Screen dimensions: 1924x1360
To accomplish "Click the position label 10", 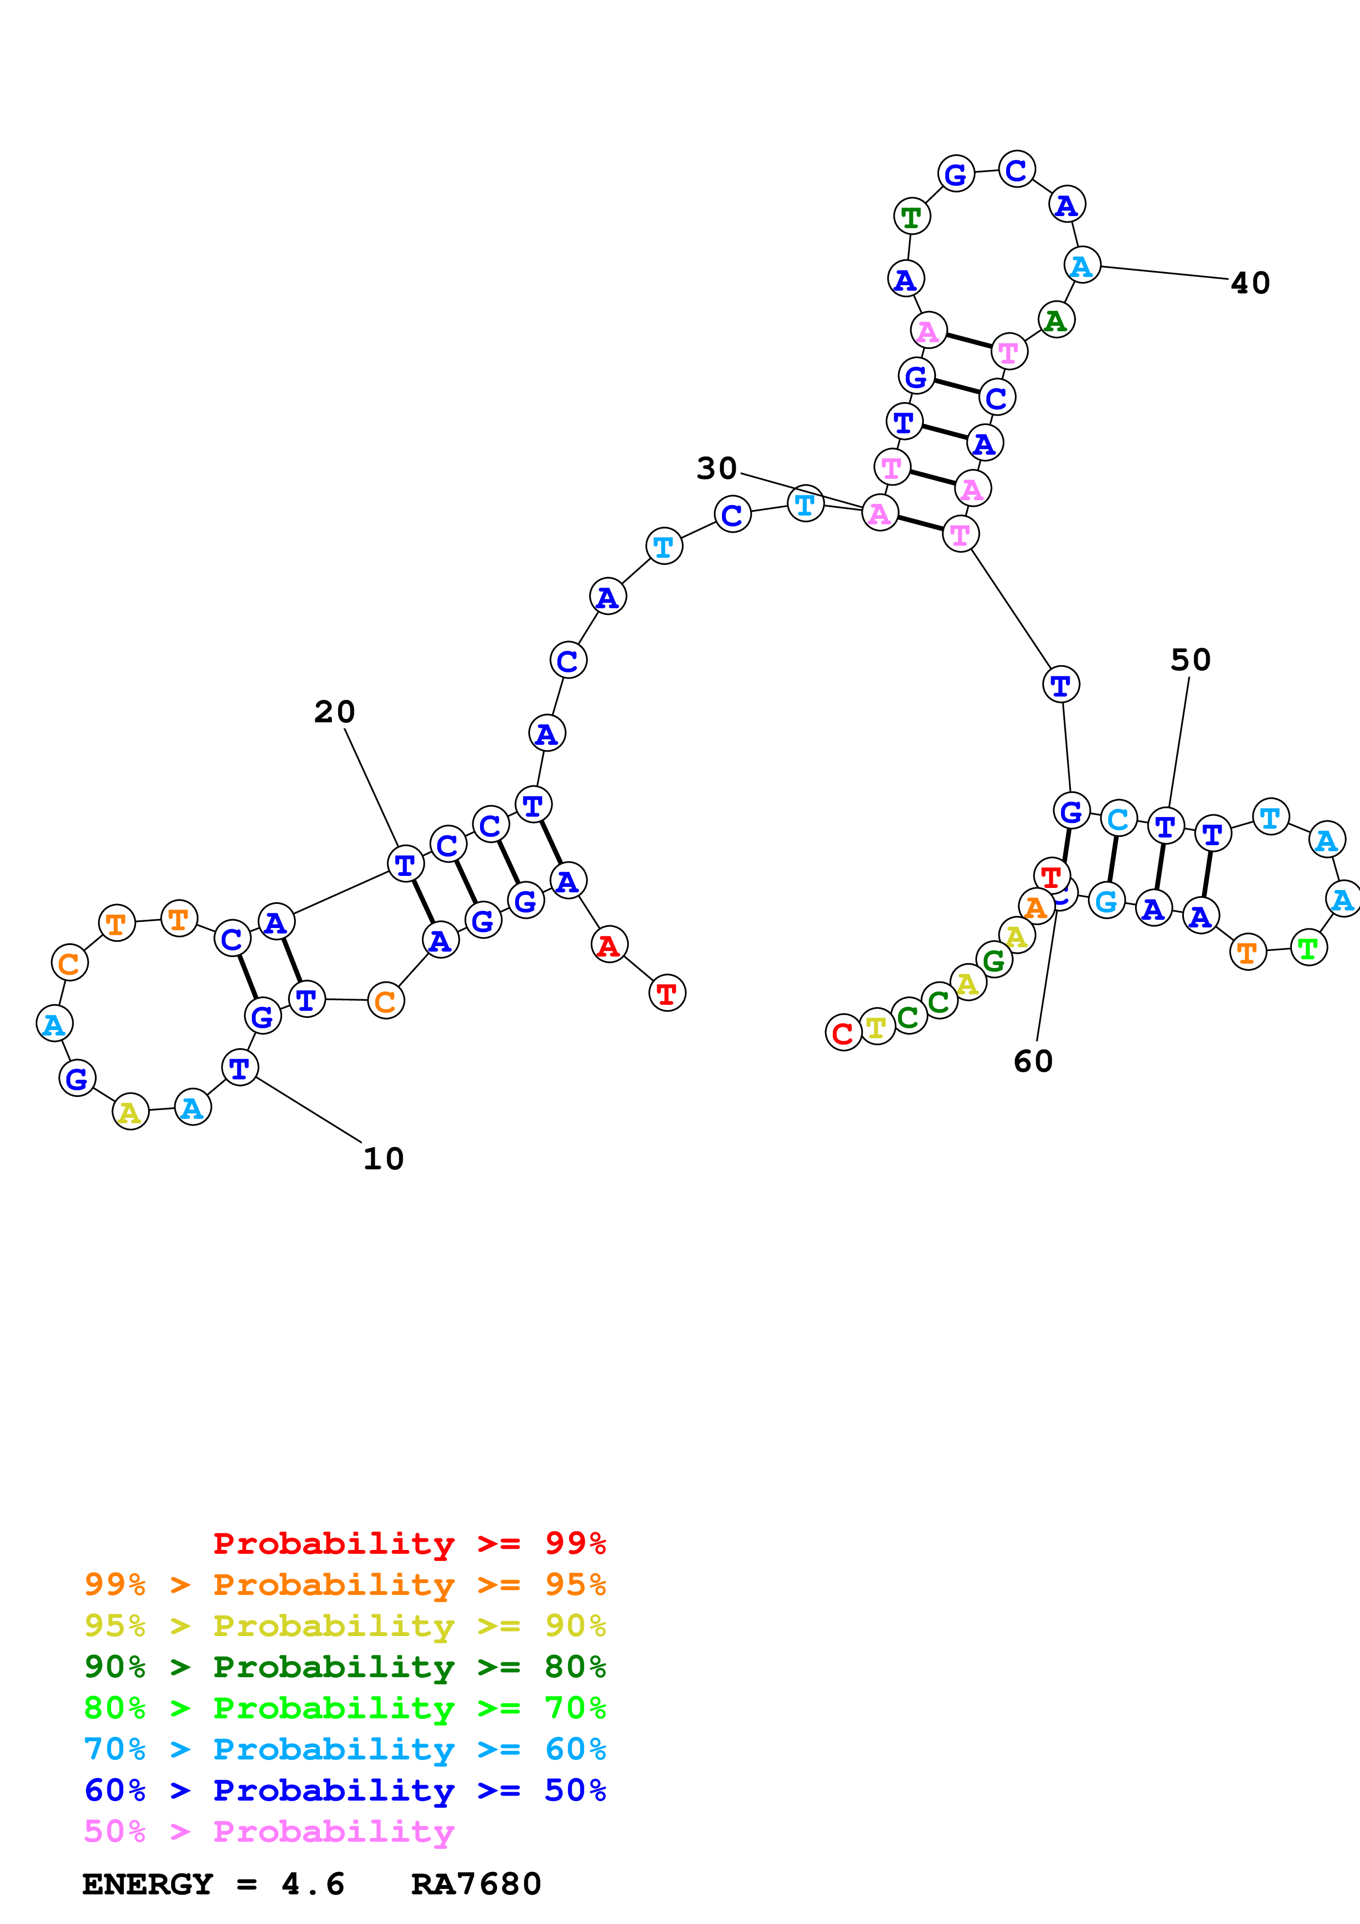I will pyautogui.click(x=383, y=1159).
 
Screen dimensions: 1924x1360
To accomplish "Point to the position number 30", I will pyautogui.click(x=716, y=468).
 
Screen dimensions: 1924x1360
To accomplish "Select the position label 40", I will pyautogui.click(x=1250, y=283).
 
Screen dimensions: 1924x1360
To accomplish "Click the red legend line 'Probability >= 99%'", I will pyautogui.click(x=409, y=1543).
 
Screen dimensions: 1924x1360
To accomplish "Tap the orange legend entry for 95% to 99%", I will pyautogui.click(x=345, y=1585).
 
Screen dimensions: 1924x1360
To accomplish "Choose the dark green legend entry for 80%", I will pyautogui.click(x=345, y=1667).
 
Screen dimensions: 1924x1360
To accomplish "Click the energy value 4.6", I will pyautogui.click(x=313, y=1884).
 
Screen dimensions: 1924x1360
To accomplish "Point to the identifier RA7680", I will pyautogui.click(x=476, y=1884).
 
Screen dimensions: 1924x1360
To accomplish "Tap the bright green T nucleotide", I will pyautogui.click(x=1308, y=948).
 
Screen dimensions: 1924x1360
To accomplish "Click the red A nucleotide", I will pyautogui.click(x=609, y=945).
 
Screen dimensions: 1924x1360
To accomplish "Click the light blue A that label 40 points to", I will pyautogui.click(x=1082, y=265).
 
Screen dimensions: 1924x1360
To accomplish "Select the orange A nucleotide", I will pyautogui.click(x=1036, y=907).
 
